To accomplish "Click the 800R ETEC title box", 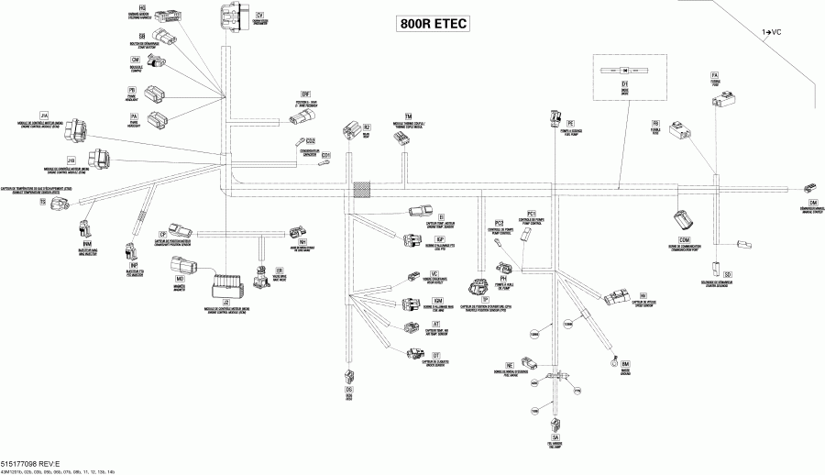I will coord(432,25).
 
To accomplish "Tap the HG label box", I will coord(143,6).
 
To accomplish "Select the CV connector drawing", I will coord(230,18).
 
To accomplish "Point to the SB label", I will coord(143,34).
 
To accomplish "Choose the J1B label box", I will coord(71,160).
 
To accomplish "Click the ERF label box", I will coord(307,94).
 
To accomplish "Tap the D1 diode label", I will coord(623,83).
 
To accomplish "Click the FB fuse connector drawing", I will coord(683,135).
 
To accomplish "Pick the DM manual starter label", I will coord(812,201).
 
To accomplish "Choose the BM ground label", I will coord(626,364).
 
